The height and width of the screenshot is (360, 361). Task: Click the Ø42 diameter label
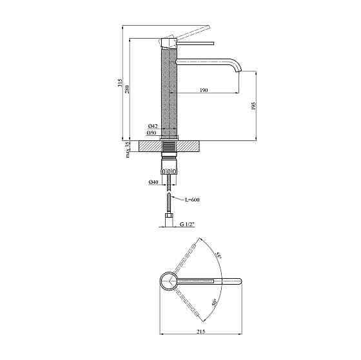pos(152,126)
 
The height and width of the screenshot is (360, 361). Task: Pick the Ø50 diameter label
pos(152,133)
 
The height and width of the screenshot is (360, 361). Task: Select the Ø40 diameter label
pos(153,183)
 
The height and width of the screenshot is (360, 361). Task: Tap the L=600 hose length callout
pos(191,200)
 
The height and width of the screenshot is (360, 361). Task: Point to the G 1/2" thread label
pos(187,224)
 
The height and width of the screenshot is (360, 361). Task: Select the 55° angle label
pos(220,256)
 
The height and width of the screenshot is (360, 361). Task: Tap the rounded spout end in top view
pos(239,281)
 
